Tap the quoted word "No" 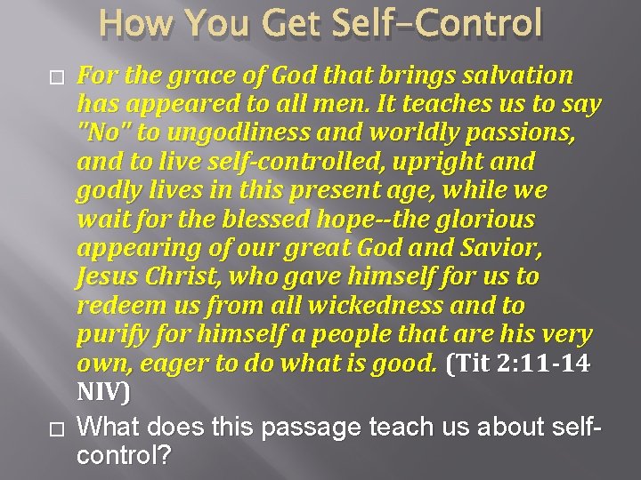tap(102, 133)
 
